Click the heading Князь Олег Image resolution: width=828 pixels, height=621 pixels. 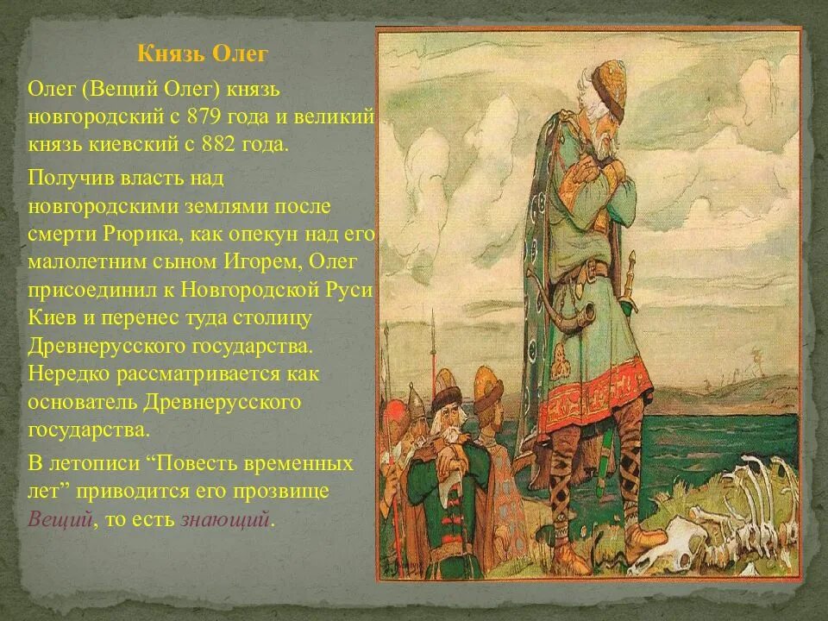tap(203, 54)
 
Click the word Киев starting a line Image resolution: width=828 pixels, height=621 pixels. tap(49, 317)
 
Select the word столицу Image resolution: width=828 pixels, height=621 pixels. tap(271, 317)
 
